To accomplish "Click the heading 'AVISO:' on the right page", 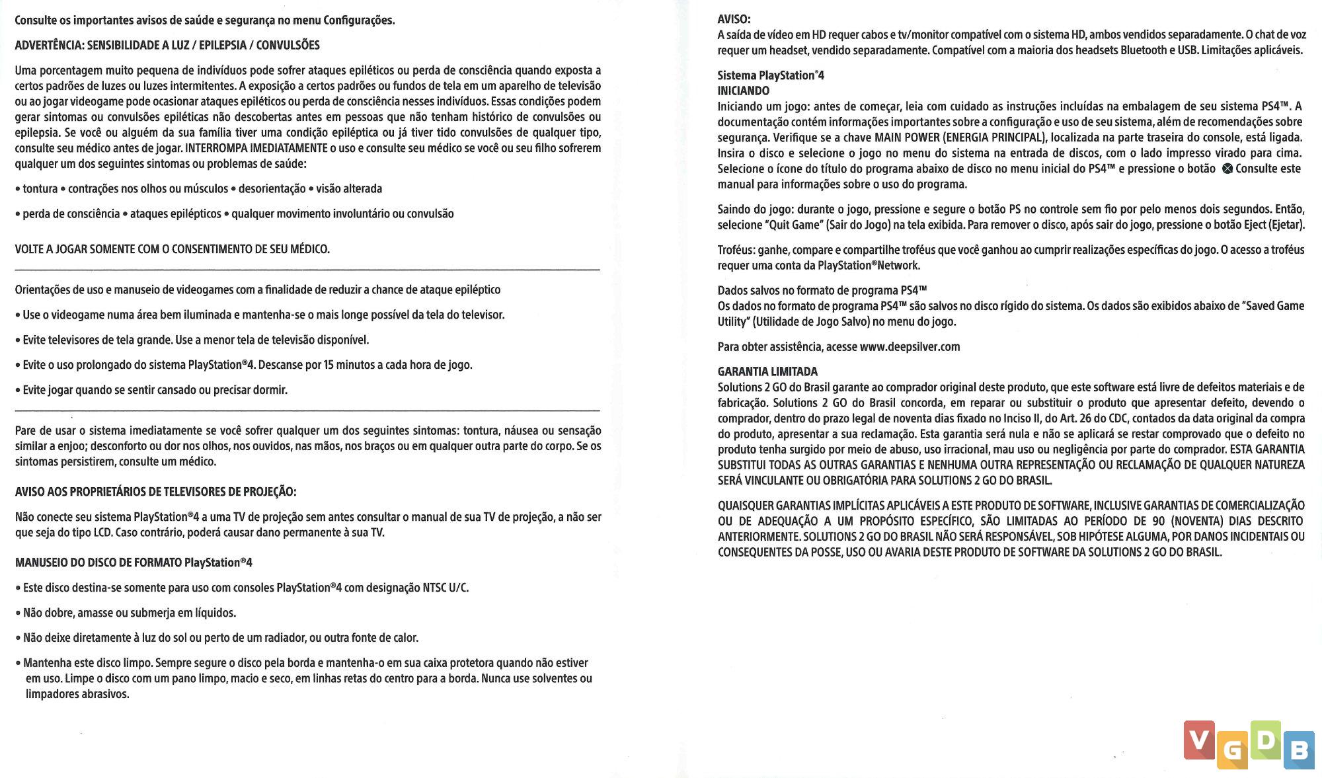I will [734, 19].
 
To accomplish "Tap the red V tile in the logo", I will [1199, 739].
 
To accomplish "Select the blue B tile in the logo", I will [1299, 750].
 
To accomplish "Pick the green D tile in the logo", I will [1265, 739].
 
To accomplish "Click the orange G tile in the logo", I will [1232, 750].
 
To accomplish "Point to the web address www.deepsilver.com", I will [910, 347].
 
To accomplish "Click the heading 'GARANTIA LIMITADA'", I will [767, 371].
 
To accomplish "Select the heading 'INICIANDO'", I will [744, 91].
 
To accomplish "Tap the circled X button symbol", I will [1227, 169].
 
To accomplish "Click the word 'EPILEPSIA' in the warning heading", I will [223, 45].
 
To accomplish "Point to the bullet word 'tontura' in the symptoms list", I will [40, 188].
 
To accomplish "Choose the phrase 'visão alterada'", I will [349, 188].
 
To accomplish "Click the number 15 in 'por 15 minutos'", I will [329, 365].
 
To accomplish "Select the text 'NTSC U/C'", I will [446, 588].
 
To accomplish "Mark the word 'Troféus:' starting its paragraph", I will [736, 250].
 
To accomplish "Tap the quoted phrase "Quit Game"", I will [794, 225].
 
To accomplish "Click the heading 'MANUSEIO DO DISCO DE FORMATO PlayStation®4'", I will [134, 563].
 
